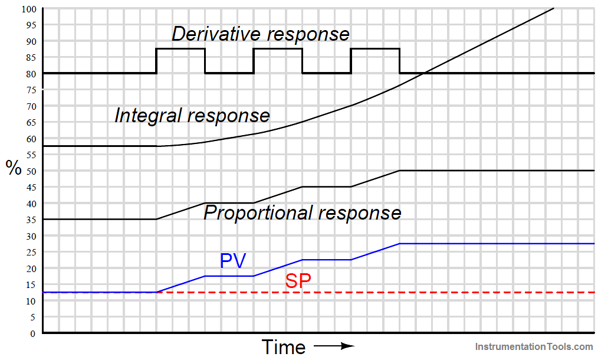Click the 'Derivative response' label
tap(260, 34)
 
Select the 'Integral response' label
tap(192, 115)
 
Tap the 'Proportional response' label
tap(302, 212)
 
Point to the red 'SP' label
tap(298, 282)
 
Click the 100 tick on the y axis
tap(28, 9)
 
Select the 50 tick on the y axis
tap(30, 171)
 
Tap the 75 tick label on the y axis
tap(30, 90)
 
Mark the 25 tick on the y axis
tap(30, 252)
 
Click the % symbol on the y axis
tap(14, 168)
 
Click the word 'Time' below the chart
tap(283, 346)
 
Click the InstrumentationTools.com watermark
tap(534, 348)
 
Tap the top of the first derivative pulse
tap(180, 49)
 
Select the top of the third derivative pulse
tap(375, 49)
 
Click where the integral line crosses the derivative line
tap(425, 73)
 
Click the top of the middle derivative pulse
tap(278, 49)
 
